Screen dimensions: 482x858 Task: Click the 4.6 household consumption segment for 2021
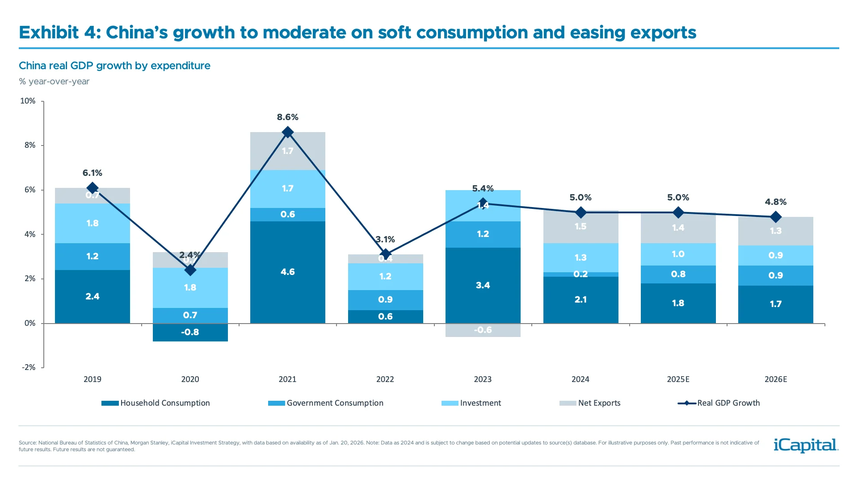tap(287, 272)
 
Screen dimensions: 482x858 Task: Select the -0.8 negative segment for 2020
tap(190, 332)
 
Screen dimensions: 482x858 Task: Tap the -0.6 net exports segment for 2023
tap(483, 330)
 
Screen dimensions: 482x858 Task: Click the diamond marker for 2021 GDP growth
tap(288, 132)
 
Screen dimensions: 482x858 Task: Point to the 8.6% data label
tap(287, 117)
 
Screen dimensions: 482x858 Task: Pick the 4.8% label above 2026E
tap(775, 202)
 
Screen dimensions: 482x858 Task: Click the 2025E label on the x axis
tap(677, 379)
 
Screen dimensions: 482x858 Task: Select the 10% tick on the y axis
tap(28, 101)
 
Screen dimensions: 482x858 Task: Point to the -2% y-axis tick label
tap(29, 367)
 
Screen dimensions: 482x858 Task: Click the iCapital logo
tap(806, 445)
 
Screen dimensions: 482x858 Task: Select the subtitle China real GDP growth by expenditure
tap(114, 66)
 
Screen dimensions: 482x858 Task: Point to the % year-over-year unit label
tap(54, 82)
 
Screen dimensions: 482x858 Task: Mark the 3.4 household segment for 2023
tap(483, 286)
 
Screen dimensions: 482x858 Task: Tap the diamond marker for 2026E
tap(776, 217)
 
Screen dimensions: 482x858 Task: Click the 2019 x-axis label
tap(93, 379)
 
